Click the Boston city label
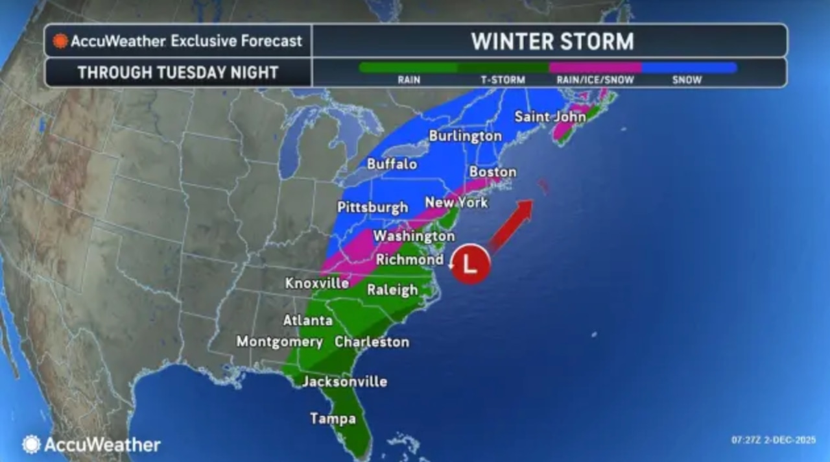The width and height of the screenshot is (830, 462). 492,172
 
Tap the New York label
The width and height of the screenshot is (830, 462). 456,203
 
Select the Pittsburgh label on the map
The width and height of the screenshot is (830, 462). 373,208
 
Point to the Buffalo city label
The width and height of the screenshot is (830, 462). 392,164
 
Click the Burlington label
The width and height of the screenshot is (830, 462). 465,136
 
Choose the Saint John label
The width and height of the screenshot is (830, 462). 550,117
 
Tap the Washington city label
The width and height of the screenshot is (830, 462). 414,236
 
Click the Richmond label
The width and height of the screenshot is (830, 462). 410,260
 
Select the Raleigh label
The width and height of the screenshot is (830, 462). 392,290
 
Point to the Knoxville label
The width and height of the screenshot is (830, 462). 317,284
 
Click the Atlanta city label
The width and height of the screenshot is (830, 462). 308,321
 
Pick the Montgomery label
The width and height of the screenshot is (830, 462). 279,341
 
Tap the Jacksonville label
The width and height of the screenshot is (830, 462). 344,382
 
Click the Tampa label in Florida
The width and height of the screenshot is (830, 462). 333,419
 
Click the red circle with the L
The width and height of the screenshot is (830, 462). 471,264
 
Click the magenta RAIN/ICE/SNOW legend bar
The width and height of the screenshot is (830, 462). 595,67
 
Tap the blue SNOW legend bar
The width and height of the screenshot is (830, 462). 689,67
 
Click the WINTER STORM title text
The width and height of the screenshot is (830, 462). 552,42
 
